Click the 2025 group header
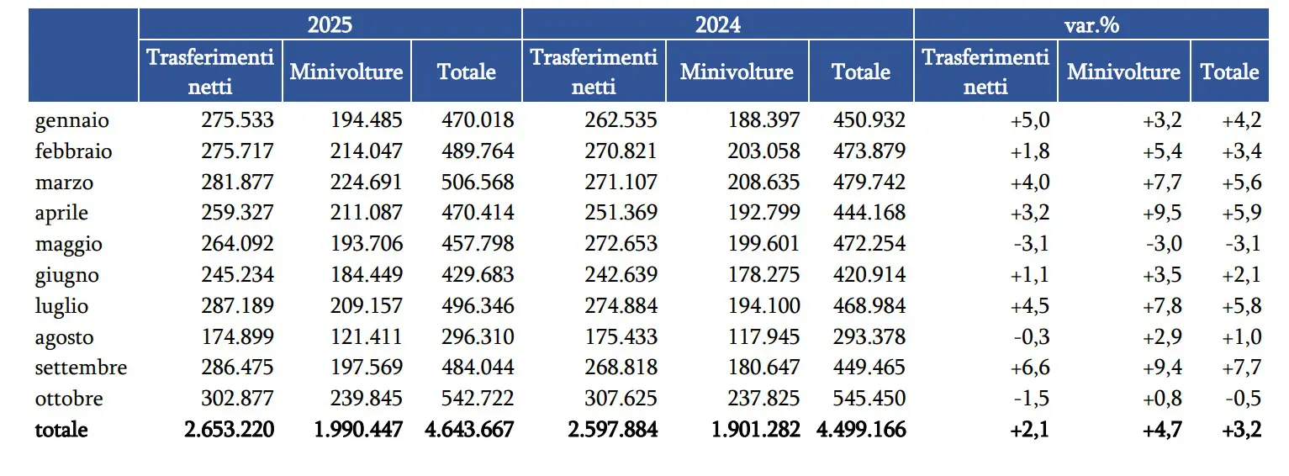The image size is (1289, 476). pyautogui.click(x=330, y=24)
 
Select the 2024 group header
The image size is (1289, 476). pyautogui.click(x=717, y=24)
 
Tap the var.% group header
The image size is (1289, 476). pyautogui.click(x=1091, y=24)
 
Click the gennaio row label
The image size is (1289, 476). pyautogui.click(x=72, y=120)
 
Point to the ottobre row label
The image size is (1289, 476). pyautogui.click(x=70, y=399)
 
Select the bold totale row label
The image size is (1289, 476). pyautogui.click(x=61, y=430)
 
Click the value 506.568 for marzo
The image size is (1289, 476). pyautogui.click(x=477, y=182)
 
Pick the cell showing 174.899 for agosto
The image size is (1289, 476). pyautogui.click(x=237, y=337)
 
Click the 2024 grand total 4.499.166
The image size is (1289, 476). pyautogui.click(x=861, y=430)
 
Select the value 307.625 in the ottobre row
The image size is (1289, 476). pyautogui.click(x=621, y=399)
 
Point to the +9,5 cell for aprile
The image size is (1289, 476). pyautogui.click(x=1162, y=214)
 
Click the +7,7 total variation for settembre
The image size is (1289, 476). pyautogui.click(x=1242, y=368)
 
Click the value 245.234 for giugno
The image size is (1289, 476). pyautogui.click(x=237, y=275)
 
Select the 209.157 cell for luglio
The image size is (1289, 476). pyautogui.click(x=367, y=306)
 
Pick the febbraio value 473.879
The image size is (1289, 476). pyautogui.click(x=869, y=151)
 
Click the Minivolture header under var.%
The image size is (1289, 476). pyautogui.click(x=1123, y=71)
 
